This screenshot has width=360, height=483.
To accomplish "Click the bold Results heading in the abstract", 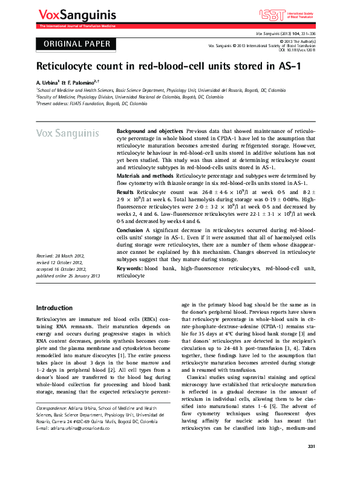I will click(x=125, y=190).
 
